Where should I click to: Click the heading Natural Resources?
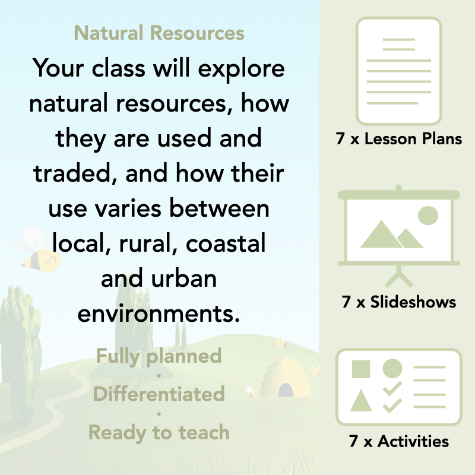pos(159,33)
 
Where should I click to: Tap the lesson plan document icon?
pos(398,70)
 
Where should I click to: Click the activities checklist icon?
pos(398,388)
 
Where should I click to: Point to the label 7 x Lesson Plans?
pos(398,140)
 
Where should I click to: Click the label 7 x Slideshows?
pos(398,302)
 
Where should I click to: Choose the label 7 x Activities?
pos(398,441)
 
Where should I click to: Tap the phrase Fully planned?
pos(159,356)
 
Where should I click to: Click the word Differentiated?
pos(159,394)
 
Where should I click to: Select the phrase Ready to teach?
pos(159,432)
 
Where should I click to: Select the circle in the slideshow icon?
pos(427,215)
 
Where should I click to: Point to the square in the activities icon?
pos(361,369)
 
